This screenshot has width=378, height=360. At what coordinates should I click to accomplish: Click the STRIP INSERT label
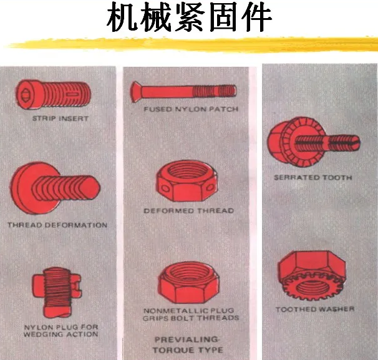click(61, 119)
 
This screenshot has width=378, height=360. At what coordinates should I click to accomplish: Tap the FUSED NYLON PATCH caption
click(191, 109)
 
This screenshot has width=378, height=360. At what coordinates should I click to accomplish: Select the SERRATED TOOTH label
click(313, 178)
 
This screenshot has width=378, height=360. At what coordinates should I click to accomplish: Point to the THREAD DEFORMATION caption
click(57, 225)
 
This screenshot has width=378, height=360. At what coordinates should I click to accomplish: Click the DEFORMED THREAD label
click(189, 211)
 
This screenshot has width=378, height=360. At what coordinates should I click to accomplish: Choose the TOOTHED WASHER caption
click(315, 309)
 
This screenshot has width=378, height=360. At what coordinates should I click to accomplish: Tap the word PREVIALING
click(187, 340)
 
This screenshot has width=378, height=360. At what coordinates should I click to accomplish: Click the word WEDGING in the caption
click(44, 334)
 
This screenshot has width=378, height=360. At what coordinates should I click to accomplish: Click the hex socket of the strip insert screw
click(24, 94)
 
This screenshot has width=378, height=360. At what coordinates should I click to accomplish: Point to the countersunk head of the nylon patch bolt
click(136, 92)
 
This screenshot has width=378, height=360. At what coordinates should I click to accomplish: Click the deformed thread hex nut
click(187, 181)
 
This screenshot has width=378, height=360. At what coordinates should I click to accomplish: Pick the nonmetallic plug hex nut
click(189, 282)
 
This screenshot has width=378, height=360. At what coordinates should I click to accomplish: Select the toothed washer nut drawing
click(312, 275)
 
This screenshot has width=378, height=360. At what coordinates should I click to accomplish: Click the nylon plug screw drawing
click(57, 292)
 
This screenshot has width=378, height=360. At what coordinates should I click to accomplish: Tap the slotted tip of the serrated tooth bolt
click(356, 144)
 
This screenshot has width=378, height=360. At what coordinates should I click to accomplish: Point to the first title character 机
click(122, 17)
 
